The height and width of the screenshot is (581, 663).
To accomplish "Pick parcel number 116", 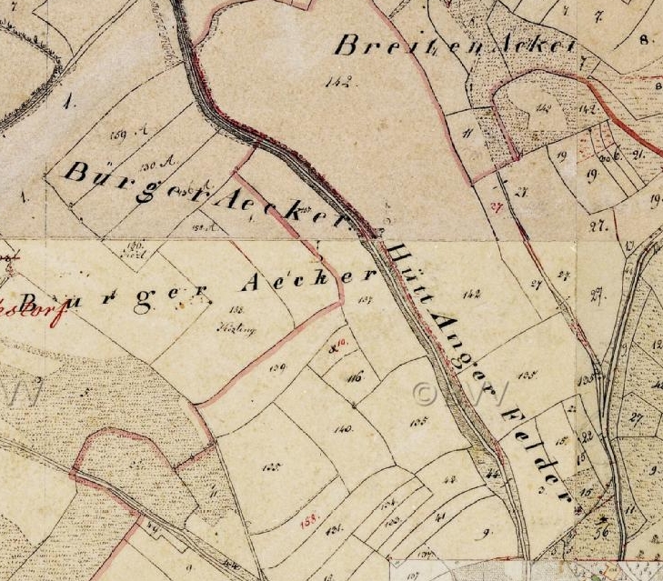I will [x=354, y=376].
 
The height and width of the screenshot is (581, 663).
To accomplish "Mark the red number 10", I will [x=340, y=341].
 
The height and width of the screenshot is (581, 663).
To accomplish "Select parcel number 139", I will [x=278, y=367].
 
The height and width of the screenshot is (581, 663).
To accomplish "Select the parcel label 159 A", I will [x=121, y=135].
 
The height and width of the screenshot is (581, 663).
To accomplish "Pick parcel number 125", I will [x=270, y=466].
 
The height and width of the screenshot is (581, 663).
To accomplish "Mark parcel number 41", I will [x=442, y=517].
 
